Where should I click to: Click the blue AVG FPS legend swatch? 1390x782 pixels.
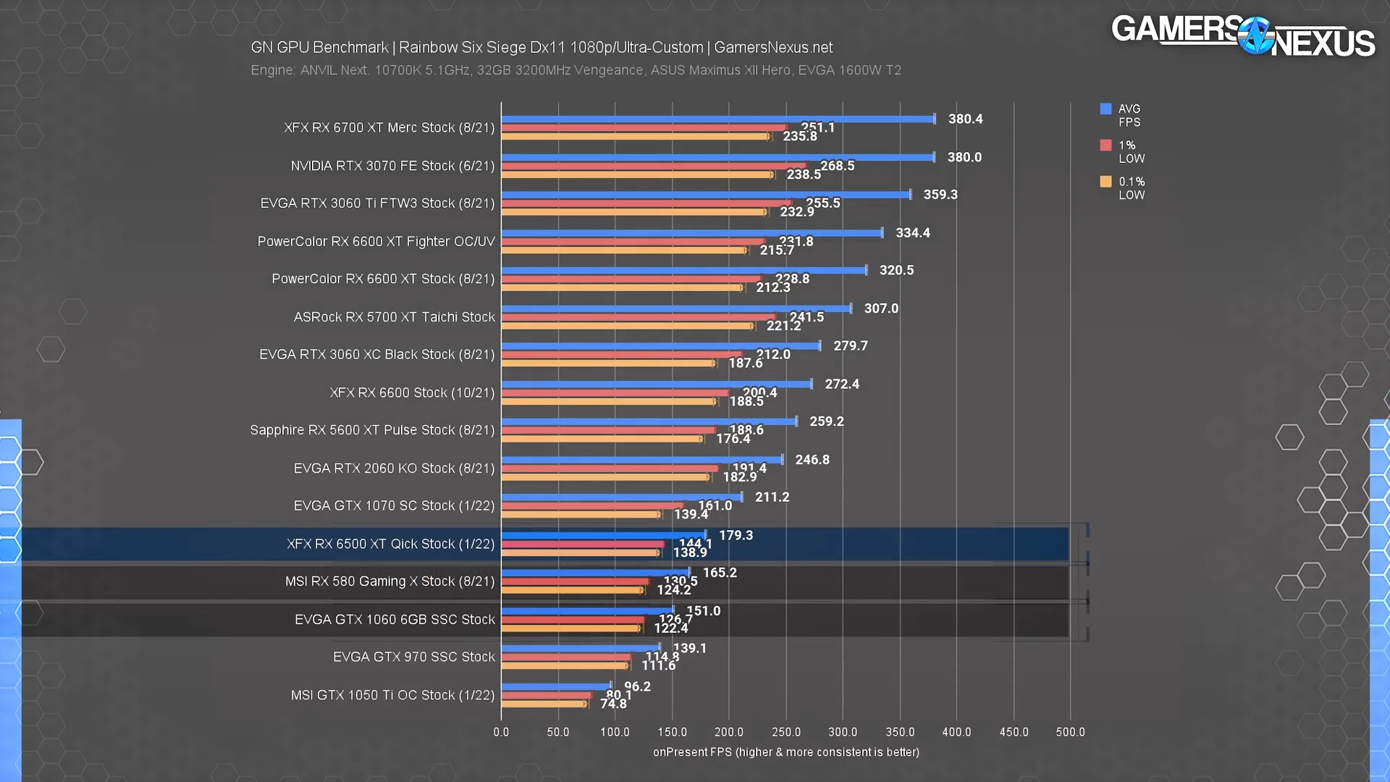point(1105,109)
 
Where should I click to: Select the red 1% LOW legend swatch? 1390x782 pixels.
point(1105,145)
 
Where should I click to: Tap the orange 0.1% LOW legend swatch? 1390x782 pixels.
point(1105,181)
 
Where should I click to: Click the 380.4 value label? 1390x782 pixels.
point(965,119)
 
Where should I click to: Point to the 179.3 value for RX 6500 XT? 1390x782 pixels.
point(736,535)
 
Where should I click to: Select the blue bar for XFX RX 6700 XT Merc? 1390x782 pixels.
point(717,119)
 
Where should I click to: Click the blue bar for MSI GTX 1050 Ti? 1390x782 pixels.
point(556,686)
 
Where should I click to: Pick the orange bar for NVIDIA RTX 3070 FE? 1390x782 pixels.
point(637,175)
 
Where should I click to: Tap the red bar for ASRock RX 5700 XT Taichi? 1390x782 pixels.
point(637,317)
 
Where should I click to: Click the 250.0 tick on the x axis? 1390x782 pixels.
point(786,732)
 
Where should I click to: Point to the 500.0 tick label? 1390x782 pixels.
point(1070,732)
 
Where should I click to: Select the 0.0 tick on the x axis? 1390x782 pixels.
point(501,732)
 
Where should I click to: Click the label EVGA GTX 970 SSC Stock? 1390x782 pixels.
point(413,657)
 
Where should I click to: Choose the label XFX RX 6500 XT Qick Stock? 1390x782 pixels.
point(390,544)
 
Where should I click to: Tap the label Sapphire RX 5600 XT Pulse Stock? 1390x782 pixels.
point(372,430)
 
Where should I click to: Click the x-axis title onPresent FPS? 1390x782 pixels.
point(785,752)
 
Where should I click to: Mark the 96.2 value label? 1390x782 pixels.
point(637,686)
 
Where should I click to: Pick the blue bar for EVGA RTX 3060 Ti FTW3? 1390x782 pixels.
point(706,195)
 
